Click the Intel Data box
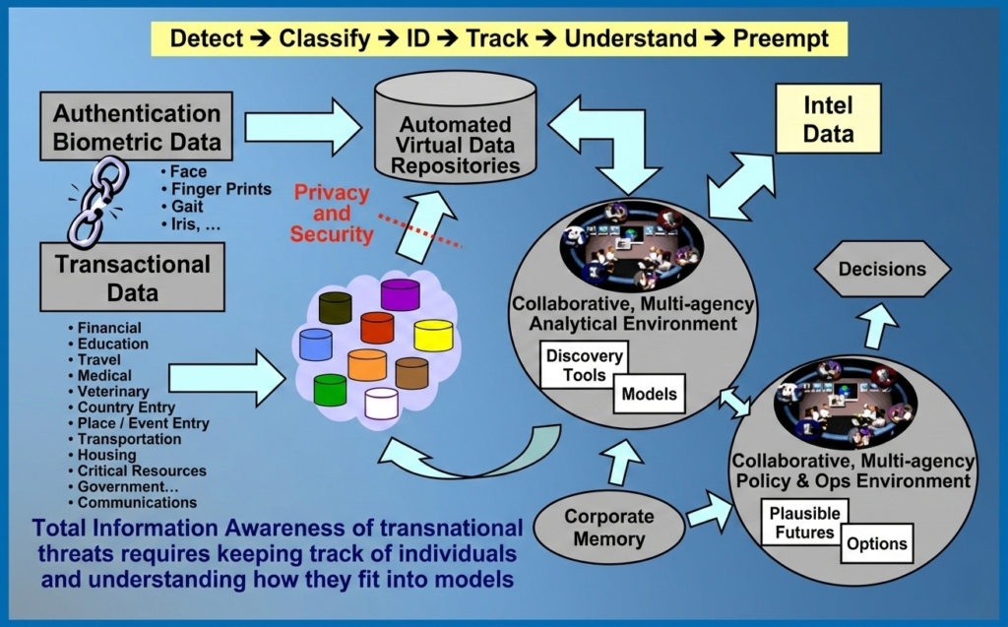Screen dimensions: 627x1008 point(828,118)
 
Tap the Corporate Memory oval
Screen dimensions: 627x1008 point(610,527)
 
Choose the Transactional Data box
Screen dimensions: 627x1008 point(133,278)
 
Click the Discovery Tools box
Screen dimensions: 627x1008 point(585,365)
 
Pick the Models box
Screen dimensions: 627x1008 point(650,395)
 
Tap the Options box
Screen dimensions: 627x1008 point(876,544)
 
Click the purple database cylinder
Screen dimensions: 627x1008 point(400,293)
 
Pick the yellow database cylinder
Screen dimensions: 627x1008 point(433,335)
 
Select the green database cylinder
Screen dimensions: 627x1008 point(330,389)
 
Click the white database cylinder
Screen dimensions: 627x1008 point(381,403)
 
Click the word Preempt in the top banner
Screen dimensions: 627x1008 point(782,38)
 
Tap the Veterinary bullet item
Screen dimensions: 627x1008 point(114,392)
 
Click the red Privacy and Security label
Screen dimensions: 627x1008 point(332,214)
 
